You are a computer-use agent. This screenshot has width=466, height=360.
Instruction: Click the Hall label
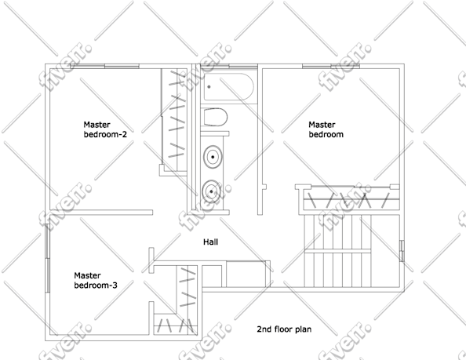[x=210, y=242]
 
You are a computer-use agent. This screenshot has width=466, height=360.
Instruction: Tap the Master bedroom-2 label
[x=105, y=129]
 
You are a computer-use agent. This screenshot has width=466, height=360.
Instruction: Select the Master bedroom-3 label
[x=96, y=281]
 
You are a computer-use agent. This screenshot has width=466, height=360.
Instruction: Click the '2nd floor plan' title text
[x=284, y=329]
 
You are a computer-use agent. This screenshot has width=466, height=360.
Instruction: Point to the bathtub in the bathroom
[x=228, y=87]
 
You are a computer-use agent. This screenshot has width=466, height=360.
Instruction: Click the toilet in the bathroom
[x=216, y=118]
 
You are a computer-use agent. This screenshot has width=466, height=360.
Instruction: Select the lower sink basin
[x=212, y=191]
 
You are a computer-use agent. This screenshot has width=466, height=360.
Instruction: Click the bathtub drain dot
[x=209, y=87]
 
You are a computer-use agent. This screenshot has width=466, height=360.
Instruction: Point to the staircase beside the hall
[x=337, y=251]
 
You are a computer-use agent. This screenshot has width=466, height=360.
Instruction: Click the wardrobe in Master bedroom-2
[x=174, y=119]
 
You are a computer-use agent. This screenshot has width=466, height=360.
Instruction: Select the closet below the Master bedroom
[x=347, y=198]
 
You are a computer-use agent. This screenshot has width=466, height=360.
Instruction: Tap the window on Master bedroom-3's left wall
[x=48, y=258]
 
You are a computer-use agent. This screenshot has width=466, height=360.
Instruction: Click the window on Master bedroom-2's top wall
[x=104, y=66]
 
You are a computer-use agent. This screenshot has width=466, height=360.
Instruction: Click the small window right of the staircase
[x=402, y=251]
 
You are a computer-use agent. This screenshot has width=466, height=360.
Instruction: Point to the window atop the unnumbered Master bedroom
[x=331, y=66]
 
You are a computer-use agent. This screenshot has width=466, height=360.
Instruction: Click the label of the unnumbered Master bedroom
[x=326, y=129]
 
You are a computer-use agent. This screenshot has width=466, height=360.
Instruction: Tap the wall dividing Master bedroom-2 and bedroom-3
[x=101, y=213]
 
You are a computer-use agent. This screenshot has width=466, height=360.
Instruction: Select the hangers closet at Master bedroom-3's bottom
[x=176, y=325]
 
